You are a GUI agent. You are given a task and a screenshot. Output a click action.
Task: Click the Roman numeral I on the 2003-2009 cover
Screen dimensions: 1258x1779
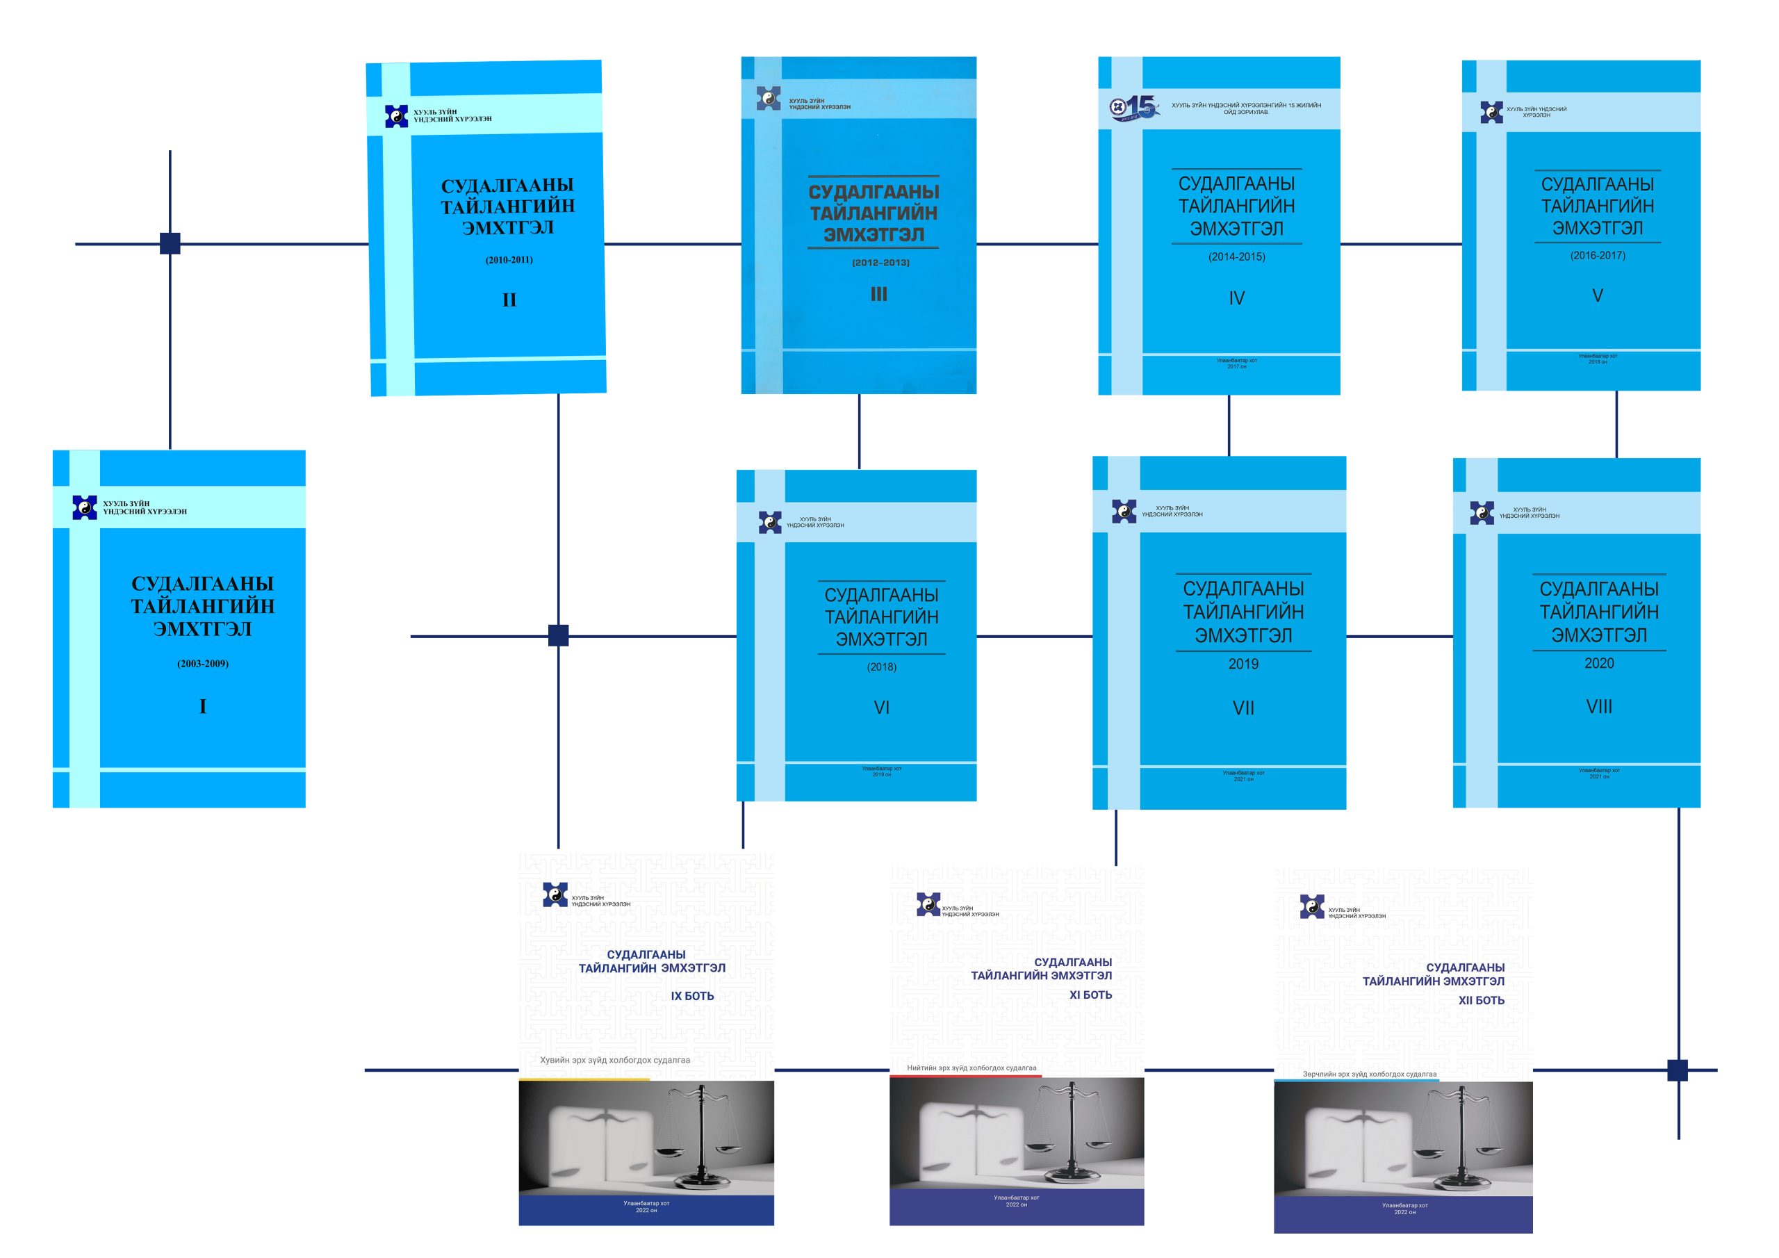click(203, 706)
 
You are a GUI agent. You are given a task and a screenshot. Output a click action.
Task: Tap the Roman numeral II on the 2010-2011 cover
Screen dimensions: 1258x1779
click(509, 300)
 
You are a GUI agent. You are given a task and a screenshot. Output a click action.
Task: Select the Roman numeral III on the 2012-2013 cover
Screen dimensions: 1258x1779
click(878, 295)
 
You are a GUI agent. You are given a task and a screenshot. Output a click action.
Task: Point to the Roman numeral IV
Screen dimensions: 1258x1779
click(1237, 298)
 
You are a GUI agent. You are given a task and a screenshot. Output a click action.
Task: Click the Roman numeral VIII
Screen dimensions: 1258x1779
click(1599, 707)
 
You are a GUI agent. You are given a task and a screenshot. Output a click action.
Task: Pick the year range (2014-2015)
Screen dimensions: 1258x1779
click(1237, 256)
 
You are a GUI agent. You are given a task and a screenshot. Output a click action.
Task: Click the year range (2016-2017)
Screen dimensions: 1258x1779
click(1598, 255)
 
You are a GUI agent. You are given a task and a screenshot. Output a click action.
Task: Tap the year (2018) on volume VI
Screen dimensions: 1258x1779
click(882, 667)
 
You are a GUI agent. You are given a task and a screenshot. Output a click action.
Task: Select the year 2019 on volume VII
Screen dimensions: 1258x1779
click(1244, 664)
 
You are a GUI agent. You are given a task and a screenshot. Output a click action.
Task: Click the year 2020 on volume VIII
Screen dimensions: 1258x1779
click(1599, 664)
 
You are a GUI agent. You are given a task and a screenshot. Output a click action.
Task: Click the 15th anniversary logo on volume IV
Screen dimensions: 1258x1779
click(1134, 108)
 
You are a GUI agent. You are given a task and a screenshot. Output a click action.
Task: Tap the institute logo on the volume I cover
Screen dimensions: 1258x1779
click(85, 507)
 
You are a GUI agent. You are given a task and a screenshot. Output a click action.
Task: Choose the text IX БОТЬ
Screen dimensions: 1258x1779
click(692, 996)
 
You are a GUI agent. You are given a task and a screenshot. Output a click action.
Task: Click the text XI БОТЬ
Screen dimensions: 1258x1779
click(1090, 995)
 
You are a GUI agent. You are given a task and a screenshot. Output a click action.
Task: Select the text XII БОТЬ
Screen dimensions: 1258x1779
click(1482, 1001)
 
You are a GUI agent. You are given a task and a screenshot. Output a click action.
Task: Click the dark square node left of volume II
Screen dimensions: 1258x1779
click(170, 243)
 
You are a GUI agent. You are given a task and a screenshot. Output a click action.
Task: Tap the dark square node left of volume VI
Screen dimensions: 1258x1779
click(558, 635)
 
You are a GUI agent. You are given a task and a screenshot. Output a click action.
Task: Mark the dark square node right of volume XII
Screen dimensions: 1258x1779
click(1678, 1070)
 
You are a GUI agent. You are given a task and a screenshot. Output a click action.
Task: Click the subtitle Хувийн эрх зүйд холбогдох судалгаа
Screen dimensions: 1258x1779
click(614, 1061)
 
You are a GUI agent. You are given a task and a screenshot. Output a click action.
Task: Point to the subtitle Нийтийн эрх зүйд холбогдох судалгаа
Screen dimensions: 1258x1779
click(972, 1068)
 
